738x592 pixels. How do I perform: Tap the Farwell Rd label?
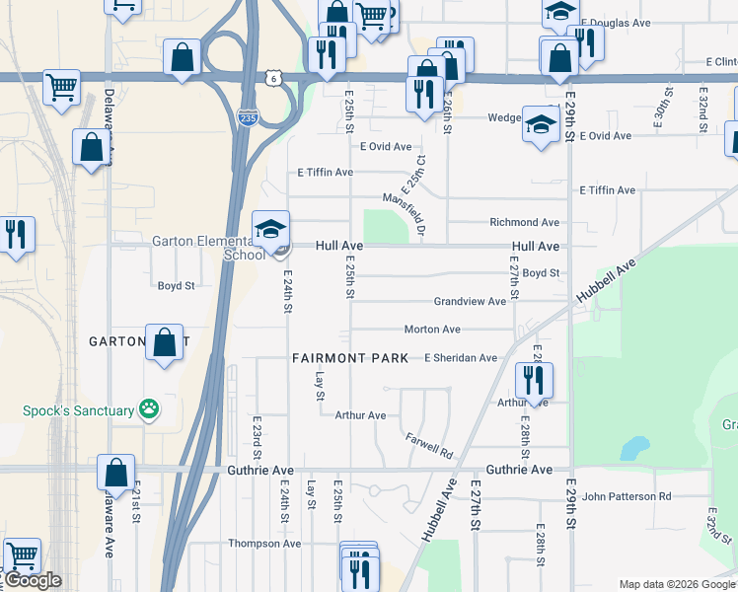click(x=429, y=445)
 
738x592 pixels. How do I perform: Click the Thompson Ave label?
click(x=264, y=544)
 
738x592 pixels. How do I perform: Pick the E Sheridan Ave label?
click(x=461, y=358)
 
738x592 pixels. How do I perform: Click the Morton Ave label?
click(x=432, y=330)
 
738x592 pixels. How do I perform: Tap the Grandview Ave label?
click(x=470, y=301)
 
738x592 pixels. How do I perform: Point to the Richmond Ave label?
click(x=525, y=223)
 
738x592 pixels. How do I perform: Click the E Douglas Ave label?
click(x=617, y=22)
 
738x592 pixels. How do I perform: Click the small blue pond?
click(x=631, y=449)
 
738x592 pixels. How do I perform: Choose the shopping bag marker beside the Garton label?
click(x=165, y=343)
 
